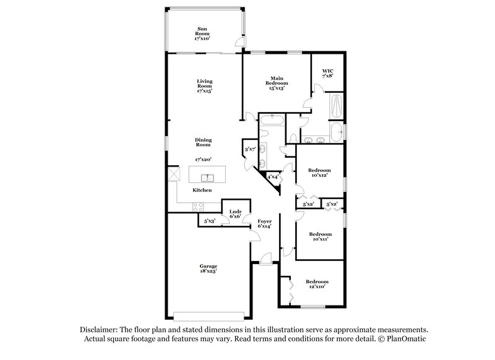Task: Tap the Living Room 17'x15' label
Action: (x=205, y=86)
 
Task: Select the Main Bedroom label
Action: (x=276, y=84)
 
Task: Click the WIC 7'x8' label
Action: (x=328, y=74)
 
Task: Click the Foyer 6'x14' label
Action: (x=265, y=223)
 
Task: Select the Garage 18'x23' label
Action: (x=208, y=268)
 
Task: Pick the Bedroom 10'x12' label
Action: (x=320, y=173)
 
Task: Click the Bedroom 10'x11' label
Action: (x=320, y=236)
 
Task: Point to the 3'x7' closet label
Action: (x=250, y=150)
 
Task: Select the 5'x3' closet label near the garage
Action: (x=209, y=221)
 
